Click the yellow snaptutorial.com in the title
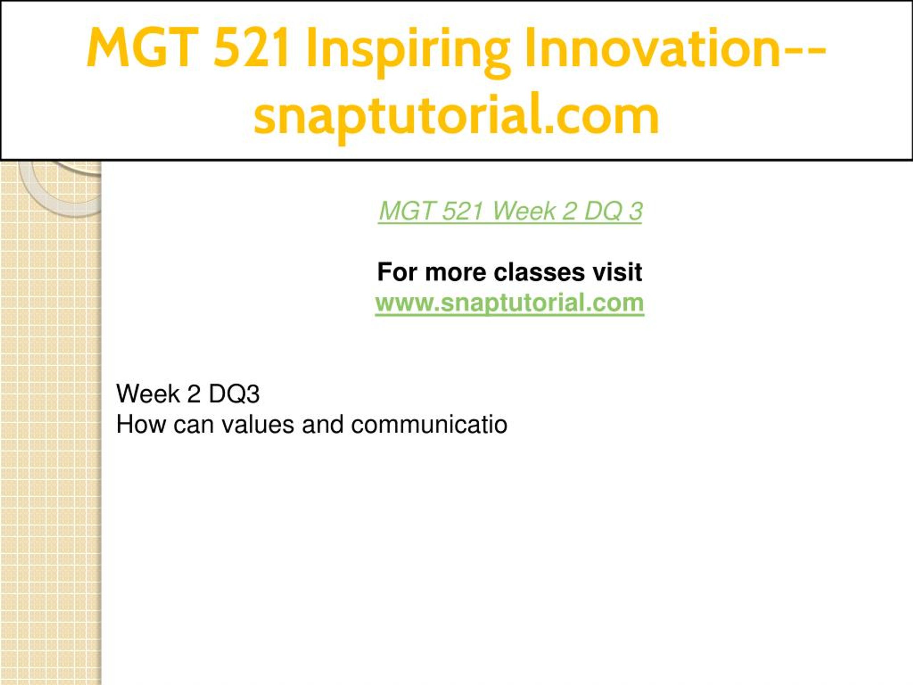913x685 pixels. click(456, 116)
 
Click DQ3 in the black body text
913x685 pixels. click(234, 394)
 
